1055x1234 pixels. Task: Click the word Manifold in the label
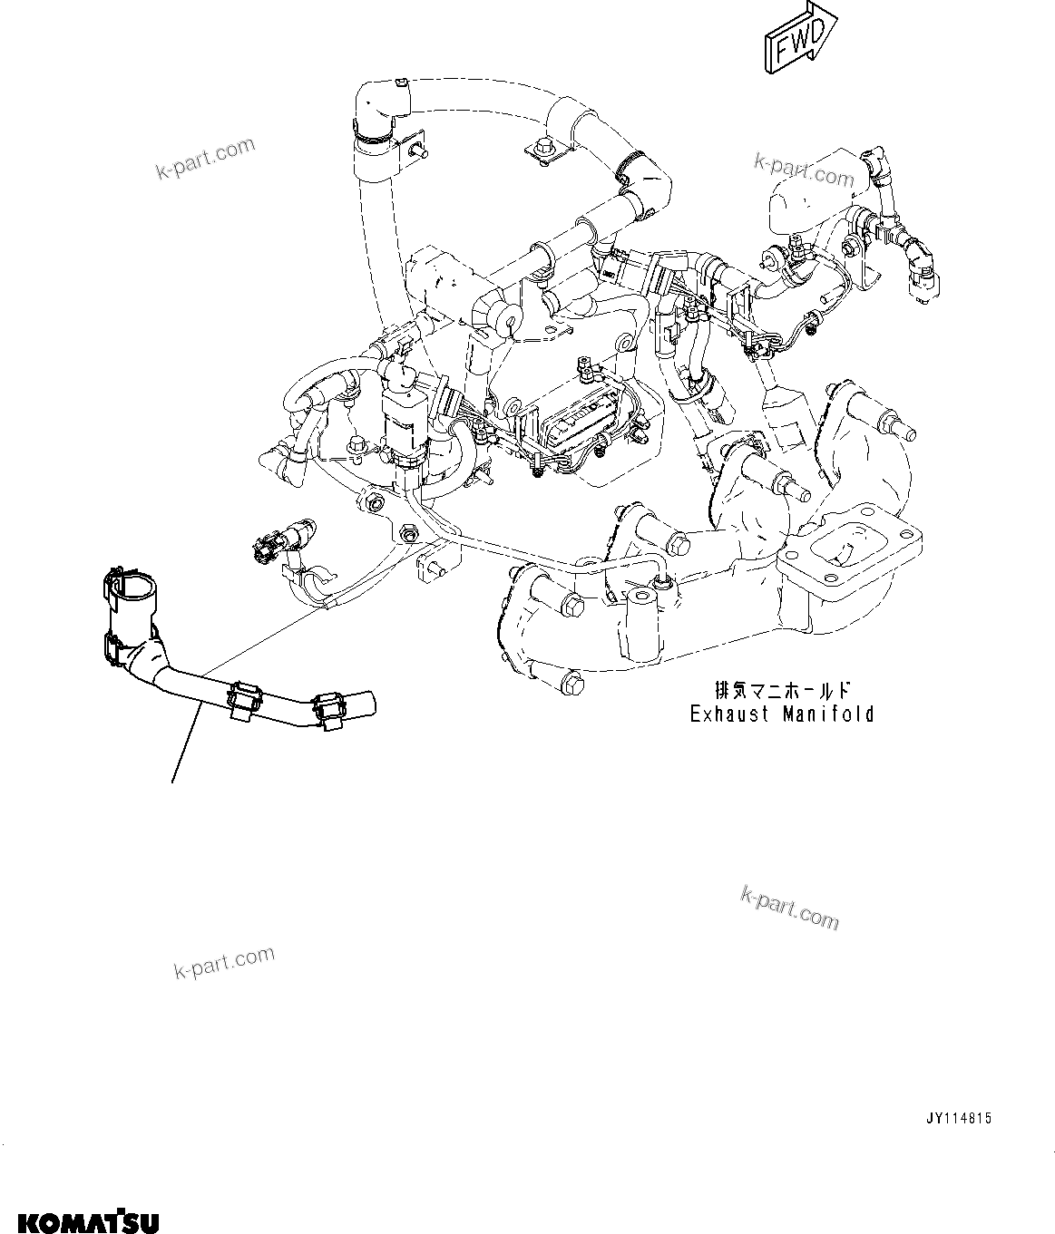coord(828,714)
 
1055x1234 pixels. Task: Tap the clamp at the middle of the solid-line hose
coord(245,702)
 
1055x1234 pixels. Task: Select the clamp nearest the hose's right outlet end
coord(327,710)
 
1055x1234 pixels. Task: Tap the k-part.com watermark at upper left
coord(205,158)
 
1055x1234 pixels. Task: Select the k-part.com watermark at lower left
coord(224,963)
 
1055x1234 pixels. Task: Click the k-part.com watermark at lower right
coord(789,907)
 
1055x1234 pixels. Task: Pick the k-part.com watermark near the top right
coord(804,170)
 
